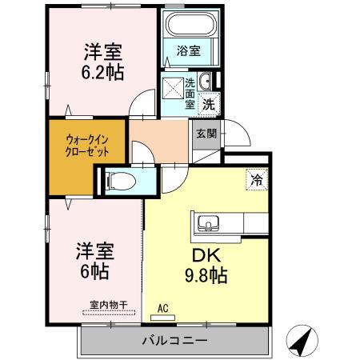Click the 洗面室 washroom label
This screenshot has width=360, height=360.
tap(190, 93)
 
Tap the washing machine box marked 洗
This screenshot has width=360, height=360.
tap(209, 102)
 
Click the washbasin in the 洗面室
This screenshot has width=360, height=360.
tap(206, 81)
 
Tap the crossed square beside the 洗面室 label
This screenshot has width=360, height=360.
tap(173, 86)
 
